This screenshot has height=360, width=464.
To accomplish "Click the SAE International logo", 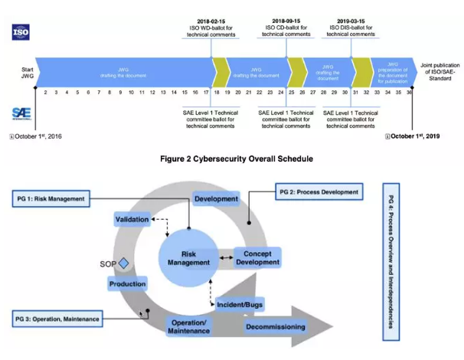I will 21,113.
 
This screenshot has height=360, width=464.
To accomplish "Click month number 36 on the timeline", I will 410,92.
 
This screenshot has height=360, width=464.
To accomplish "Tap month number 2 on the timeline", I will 45,92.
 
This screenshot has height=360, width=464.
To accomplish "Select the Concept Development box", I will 257,257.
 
